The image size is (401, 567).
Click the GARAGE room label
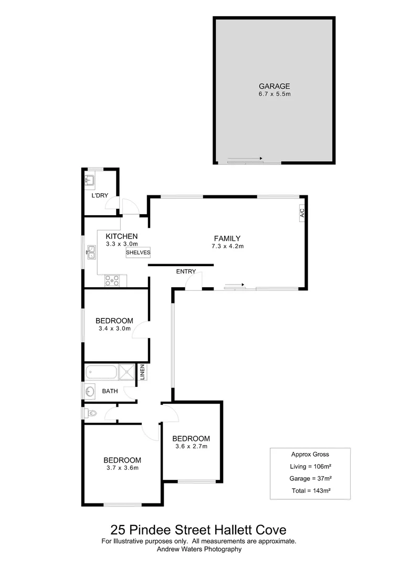(x=274, y=86)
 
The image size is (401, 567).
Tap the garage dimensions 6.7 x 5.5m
(x=274, y=94)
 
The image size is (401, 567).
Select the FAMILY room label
(x=227, y=238)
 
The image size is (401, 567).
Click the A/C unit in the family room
(x=302, y=213)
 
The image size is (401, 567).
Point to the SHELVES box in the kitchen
(x=138, y=253)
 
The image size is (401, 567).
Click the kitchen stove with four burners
(x=112, y=280)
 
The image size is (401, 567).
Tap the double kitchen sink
(x=91, y=253)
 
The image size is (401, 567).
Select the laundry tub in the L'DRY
(x=89, y=181)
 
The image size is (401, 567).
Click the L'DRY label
(x=100, y=196)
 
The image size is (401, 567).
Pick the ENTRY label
(x=186, y=271)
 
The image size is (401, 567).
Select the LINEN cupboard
(x=142, y=372)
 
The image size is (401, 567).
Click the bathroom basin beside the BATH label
(x=89, y=391)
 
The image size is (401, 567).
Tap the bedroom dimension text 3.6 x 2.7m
(x=191, y=447)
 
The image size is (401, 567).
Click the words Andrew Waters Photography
(x=199, y=549)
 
